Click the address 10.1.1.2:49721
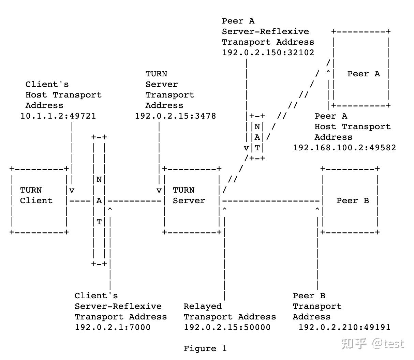[x=58, y=116]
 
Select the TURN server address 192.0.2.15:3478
[x=175, y=116]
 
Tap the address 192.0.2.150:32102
[x=268, y=52]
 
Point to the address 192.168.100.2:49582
[x=344, y=148]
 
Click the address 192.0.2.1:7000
[x=113, y=327]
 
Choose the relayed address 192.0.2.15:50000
[x=227, y=327]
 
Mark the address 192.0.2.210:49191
[x=344, y=327]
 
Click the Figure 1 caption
[x=205, y=348]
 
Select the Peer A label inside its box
[x=364, y=74]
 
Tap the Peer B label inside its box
[x=353, y=200]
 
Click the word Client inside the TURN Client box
[x=36, y=200]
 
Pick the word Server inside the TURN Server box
[x=189, y=200]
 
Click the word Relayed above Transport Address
[x=203, y=306]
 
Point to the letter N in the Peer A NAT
[x=257, y=126]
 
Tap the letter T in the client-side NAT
[x=99, y=222]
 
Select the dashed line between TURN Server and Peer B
[x=271, y=201]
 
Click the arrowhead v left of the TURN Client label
[x=72, y=190]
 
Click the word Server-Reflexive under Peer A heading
[x=265, y=31]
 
